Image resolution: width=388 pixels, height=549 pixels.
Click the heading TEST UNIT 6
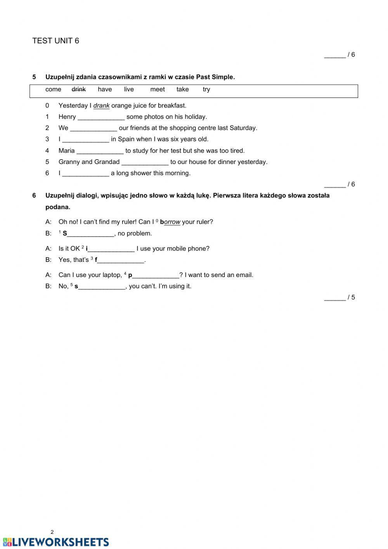(x=55, y=41)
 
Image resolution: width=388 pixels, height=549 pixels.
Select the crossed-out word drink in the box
(x=79, y=89)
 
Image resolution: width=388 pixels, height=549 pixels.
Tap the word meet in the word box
(x=158, y=89)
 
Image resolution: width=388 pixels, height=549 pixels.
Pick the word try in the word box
(x=206, y=89)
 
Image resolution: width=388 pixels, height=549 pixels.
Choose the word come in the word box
(x=53, y=89)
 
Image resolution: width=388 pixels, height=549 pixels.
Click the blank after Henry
(x=101, y=117)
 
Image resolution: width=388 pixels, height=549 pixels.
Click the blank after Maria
(x=100, y=151)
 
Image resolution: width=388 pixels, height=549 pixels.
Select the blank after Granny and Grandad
(x=145, y=162)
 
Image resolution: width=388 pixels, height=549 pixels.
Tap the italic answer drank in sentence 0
(x=101, y=106)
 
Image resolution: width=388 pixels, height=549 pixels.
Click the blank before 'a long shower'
(x=86, y=173)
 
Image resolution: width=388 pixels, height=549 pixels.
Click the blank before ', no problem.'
(x=91, y=234)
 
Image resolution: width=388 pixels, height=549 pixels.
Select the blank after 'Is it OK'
(x=111, y=249)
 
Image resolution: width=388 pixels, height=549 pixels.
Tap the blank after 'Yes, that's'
(x=121, y=260)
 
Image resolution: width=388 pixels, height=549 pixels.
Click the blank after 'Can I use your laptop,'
(x=156, y=275)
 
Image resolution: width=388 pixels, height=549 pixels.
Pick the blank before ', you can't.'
(x=102, y=286)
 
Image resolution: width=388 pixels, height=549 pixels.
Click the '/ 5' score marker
(x=340, y=298)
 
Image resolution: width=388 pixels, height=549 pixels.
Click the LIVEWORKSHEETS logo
(x=56, y=542)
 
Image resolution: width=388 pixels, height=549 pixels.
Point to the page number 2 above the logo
(x=52, y=532)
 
